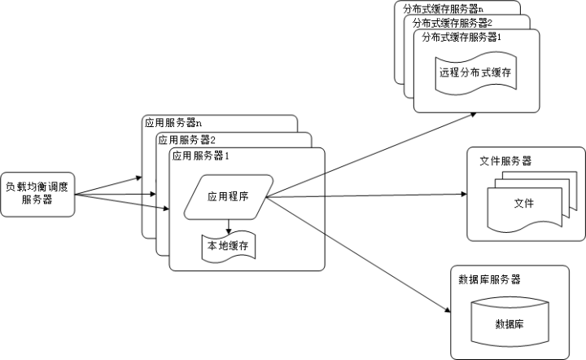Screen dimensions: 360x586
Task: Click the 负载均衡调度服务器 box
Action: [37, 193]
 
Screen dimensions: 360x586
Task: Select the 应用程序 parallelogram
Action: [227, 196]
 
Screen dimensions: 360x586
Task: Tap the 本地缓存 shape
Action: [227, 245]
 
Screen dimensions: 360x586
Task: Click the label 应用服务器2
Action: [187, 140]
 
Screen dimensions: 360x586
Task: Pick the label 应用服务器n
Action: [173, 124]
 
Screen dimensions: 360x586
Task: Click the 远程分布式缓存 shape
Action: [475, 72]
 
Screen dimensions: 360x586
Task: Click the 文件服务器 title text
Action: [505, 161]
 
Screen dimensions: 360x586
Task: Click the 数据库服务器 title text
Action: [489, 279]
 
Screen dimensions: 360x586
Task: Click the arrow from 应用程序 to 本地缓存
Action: [229, 225]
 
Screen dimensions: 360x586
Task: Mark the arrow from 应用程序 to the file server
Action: [366, 195]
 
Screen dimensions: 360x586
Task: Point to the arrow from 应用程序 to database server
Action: [358, 253]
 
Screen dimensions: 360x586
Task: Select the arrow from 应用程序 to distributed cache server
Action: [370, 156]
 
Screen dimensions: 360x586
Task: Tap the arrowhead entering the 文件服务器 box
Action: [463, 195]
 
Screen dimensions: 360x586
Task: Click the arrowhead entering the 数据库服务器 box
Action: [447, 310]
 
